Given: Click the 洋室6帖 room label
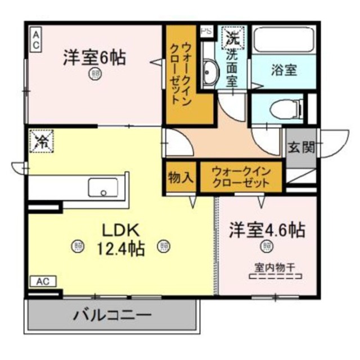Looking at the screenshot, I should coord(94,57).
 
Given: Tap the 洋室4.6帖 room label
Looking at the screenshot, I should coord(267,230).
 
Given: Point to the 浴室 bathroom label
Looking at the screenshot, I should coord(285,71).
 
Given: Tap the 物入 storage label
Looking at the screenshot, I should coord(181,177).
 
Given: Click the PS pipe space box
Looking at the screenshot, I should coord(206,31).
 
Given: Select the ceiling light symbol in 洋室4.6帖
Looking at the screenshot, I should coord(266,245).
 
